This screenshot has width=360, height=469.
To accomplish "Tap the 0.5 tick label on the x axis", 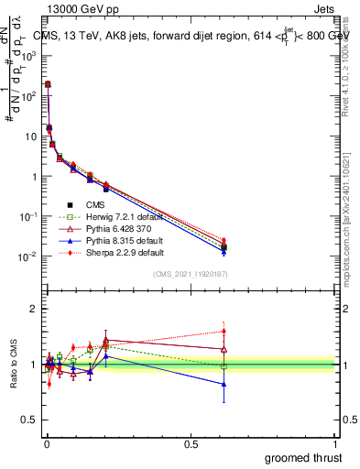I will click(191, 443).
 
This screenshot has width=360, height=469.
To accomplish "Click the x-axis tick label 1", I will click(335, 443).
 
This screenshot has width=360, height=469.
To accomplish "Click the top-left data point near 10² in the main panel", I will click(48, 84).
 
